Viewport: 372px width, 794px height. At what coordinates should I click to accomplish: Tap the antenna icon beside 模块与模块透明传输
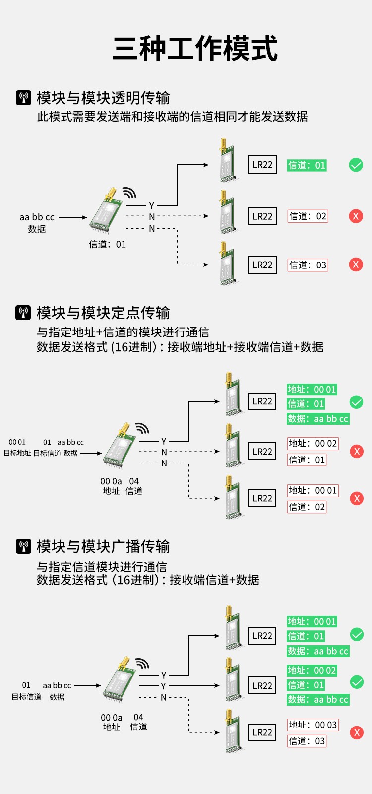(23, 98)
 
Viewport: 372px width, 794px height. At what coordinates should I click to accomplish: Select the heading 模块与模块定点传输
(103, 313)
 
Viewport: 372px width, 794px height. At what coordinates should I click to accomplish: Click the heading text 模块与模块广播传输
(103, 546)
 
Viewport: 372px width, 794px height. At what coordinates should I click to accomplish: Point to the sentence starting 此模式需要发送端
(172, 117)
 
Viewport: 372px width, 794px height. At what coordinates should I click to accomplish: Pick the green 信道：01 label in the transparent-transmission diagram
(307, 165)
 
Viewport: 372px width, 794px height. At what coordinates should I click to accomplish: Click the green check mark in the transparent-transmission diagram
(356, 165)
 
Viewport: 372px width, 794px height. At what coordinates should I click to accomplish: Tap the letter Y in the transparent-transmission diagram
(152, 205)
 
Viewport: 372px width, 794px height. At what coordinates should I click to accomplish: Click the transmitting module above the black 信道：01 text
(107, 210)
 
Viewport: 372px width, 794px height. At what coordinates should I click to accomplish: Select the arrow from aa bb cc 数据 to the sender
(72, 217)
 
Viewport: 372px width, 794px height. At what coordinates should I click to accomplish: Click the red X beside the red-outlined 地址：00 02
(357, 451)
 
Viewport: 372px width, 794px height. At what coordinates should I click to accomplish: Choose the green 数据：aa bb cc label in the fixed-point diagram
(318, 419)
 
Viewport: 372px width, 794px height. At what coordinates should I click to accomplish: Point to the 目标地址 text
(17, 453)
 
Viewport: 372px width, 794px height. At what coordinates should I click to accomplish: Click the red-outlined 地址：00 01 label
(312, 490)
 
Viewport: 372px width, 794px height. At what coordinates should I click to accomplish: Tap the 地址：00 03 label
(312, 725)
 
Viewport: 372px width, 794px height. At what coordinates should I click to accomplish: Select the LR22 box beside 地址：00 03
(262, 732)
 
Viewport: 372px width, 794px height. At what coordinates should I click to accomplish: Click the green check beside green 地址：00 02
(357, 682)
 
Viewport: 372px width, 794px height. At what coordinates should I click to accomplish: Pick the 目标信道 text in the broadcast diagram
(27, 697)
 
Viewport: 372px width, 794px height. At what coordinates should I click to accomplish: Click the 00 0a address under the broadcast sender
(112, 718)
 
